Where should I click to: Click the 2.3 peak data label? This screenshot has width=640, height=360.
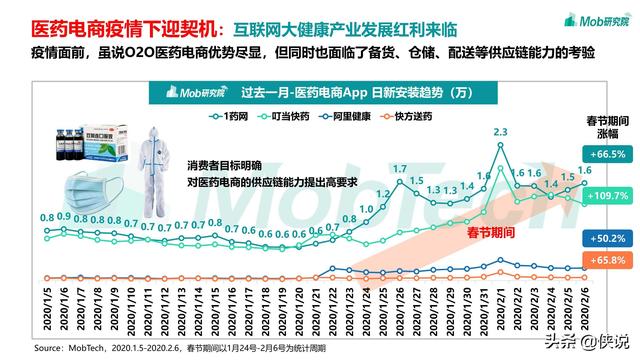(x=501, y=132)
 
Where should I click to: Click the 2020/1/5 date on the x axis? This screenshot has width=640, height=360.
(x=47, y=312)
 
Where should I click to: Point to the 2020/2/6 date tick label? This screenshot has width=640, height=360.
(x=583, y=312)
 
